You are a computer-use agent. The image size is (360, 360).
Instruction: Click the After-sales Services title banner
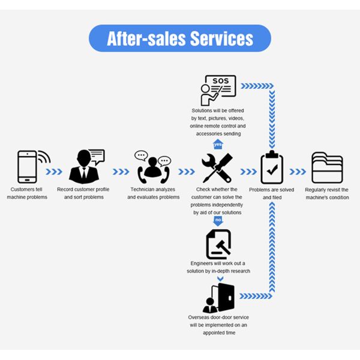coord(180,38)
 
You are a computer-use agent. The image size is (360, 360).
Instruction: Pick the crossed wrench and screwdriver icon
coord(217,168)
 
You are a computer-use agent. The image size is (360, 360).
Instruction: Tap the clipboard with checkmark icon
coord(271,168)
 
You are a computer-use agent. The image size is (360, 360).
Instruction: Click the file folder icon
coord(327,168)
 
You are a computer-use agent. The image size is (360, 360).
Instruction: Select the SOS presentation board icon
coord(218,91)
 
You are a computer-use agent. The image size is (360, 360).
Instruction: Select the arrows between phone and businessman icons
coord(55,172)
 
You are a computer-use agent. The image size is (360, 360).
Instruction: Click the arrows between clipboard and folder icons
coord(298,172)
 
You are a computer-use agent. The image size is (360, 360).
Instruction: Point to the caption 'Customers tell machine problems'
coord(27,194)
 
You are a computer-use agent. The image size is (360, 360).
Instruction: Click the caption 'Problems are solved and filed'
coord(271,194)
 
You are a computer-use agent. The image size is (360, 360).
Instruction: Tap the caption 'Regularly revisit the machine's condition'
coord(327,194)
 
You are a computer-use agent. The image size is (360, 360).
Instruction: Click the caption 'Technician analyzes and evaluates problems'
coord(153,194)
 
